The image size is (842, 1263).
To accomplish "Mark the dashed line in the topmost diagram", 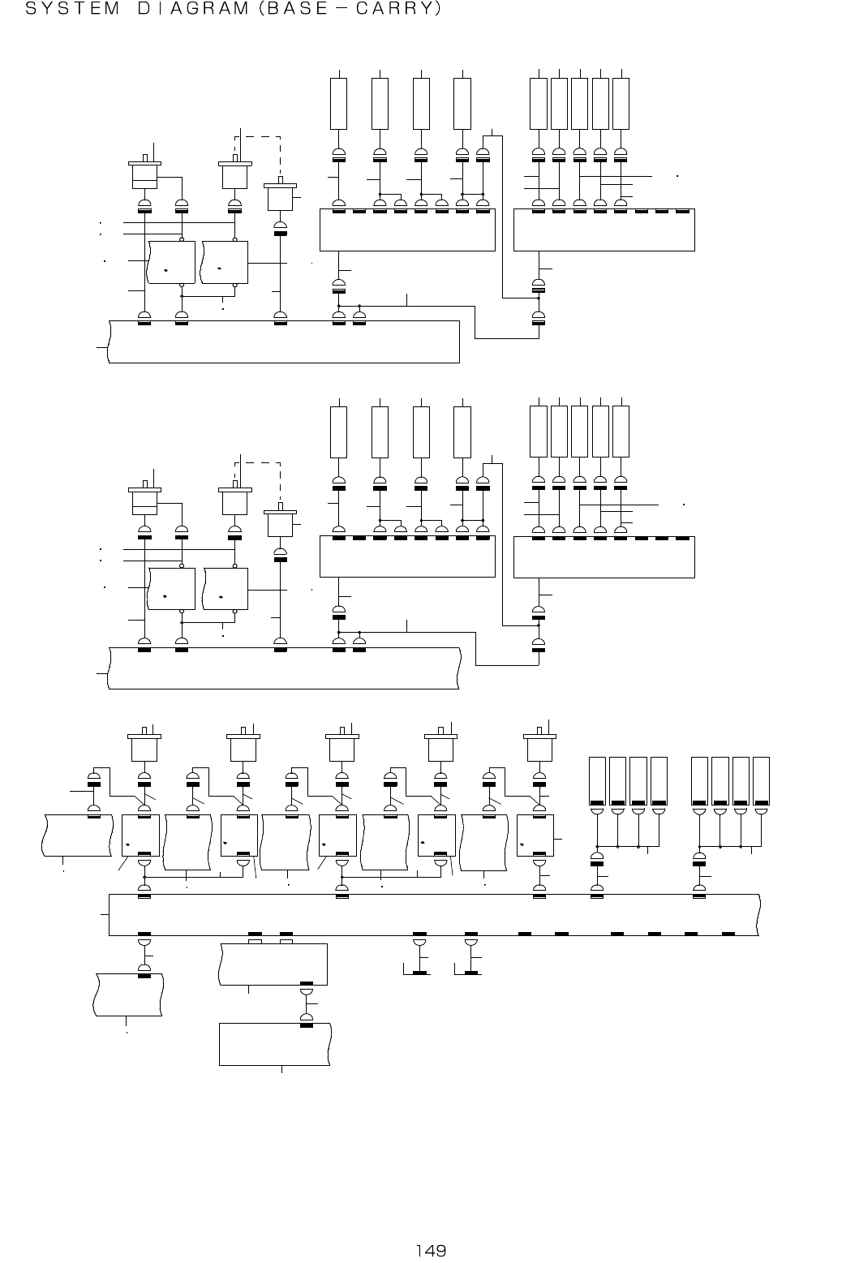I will click(260, 136).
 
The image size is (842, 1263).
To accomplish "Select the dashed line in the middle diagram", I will click(260, 463).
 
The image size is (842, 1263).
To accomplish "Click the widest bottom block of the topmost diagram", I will click(284, 342).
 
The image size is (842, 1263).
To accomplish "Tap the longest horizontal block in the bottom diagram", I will click(434, 915).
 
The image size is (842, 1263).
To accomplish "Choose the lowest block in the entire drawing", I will click(276, 1045).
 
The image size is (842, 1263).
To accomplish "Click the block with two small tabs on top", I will click(274, 964).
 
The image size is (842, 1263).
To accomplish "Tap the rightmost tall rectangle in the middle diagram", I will click(621, 432).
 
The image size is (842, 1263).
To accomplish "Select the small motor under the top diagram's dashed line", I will click(281, 196).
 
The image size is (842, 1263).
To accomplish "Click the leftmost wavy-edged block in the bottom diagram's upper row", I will click(77, 835).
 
